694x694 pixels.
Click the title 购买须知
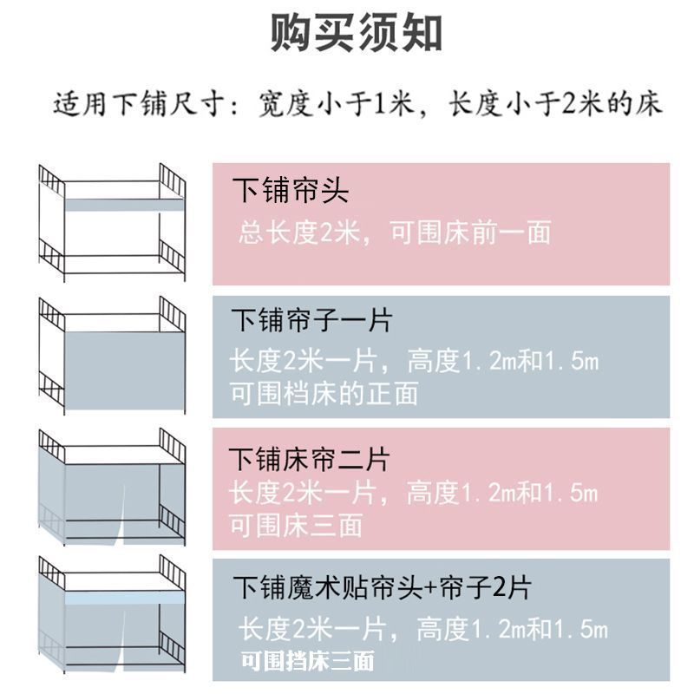[x=357, y=34]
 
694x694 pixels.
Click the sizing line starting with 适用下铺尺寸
[x=357, y=105]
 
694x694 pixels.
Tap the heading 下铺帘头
[x=290, y=191]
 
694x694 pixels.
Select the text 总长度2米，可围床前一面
[x=395, y=232]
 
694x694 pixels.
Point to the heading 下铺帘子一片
[x=311, y=321]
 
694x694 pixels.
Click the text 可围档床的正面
[x=324, y=393]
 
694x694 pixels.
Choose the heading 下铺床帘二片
[x=310, y=458]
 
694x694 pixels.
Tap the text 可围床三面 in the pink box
[x=296, y=525]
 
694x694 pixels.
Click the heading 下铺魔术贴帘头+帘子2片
[x=380, y=588]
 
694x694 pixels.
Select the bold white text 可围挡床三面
[x=307, y=661]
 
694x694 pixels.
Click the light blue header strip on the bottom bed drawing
[x=112, y=599]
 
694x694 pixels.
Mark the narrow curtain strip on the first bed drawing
[x=112, y=206]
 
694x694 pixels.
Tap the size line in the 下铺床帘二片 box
[x=413, y=494]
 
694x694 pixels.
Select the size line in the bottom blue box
[x=424, y=629]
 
